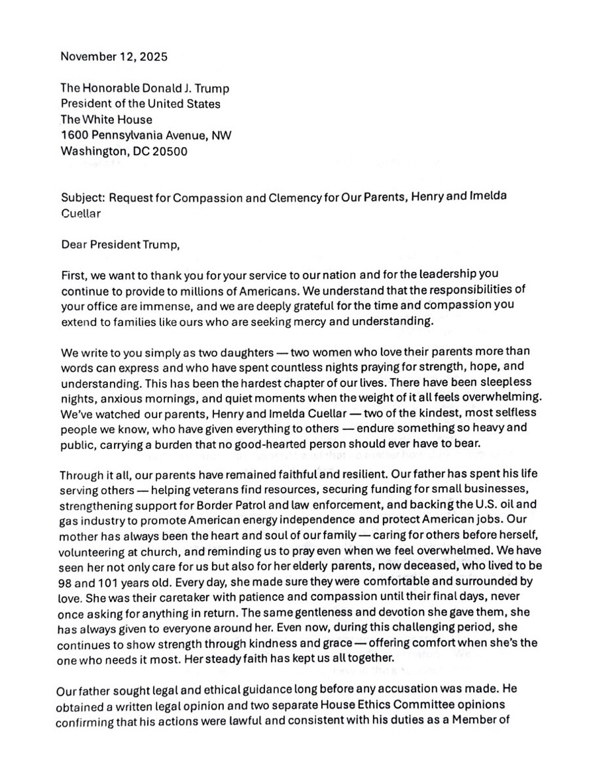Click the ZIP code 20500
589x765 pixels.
point(167,151)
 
